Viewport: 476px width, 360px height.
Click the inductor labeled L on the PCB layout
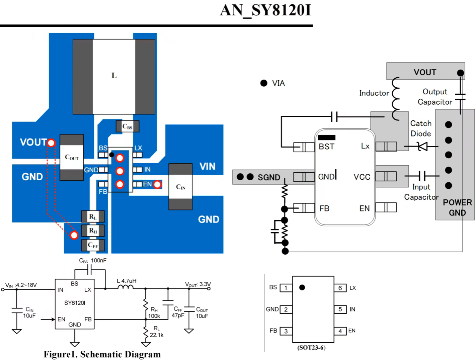(114, 76)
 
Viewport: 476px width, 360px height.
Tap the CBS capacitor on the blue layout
(127, 126)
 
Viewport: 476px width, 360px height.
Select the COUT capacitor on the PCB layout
(72, 157)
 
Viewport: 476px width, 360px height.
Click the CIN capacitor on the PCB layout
(180, 186)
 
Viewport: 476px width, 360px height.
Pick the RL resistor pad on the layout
(93, 216)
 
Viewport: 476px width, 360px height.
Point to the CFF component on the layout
(93, 245)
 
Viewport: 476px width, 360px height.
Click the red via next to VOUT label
(51, 143)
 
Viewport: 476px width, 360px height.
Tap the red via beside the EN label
(157, 185)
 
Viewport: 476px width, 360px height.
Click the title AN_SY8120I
(266, 10)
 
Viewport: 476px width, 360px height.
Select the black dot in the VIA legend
(264, 83)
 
